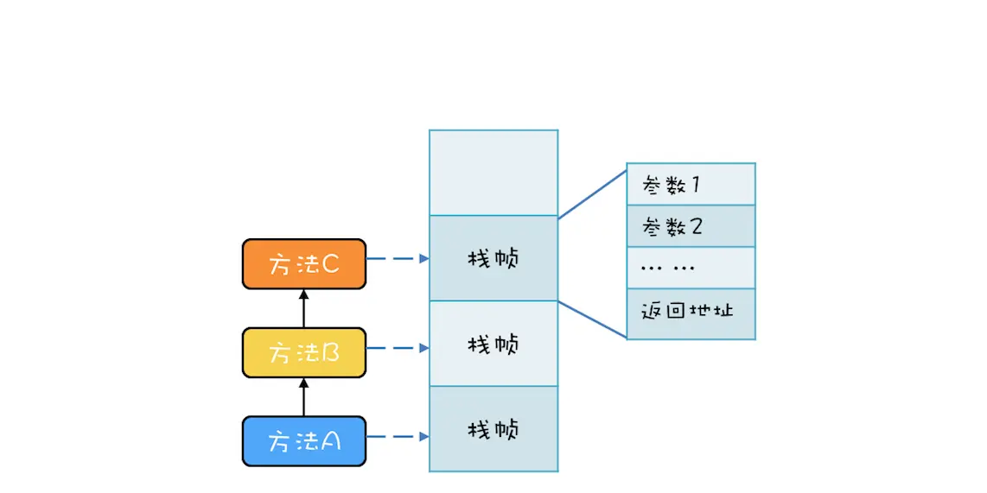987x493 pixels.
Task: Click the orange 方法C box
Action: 303,264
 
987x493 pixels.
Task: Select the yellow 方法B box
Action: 303,352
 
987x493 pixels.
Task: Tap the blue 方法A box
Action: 303,441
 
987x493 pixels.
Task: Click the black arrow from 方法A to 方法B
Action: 303,397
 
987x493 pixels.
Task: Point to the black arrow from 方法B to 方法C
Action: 303,308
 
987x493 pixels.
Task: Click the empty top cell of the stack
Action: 493,173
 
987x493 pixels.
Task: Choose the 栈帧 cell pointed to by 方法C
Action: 493,258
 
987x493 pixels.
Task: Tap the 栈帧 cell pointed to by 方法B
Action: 493,344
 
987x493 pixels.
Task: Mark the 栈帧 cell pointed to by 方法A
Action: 493,429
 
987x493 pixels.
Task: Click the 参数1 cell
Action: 691,184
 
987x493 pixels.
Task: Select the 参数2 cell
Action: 691,226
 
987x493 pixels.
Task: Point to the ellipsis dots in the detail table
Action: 667,268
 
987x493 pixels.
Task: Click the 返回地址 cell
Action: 691,310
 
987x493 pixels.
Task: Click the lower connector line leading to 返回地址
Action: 592,319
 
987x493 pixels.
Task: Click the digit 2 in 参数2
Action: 696,226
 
